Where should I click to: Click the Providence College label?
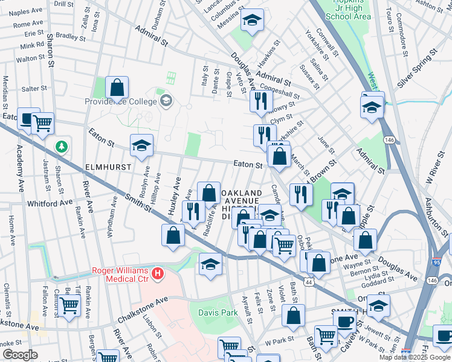(x=121, y=102)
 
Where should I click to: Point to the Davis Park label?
(x=218, y=313)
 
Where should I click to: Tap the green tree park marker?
(x=61, y=147)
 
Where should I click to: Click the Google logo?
(x=20, y=355)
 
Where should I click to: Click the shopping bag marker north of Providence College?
(x=117, y=88)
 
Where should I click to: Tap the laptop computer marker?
(x=28, y=119)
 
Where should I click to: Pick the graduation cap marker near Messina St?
(x=252, y=21)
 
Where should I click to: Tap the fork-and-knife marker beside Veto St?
(x=260, y=101)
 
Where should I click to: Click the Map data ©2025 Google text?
(x=415, y=357)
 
